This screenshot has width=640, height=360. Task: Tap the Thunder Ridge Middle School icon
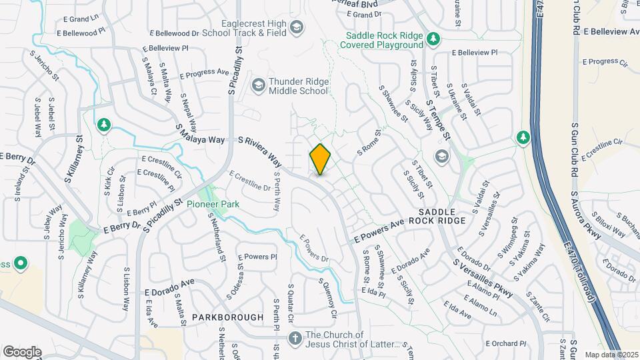(258, 85)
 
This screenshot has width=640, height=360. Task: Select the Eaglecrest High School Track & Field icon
(297, 27)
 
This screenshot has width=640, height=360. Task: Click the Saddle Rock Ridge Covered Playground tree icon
(433, 39)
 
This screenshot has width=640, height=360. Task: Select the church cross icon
(295, 339)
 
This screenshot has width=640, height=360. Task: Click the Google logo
(22, 351)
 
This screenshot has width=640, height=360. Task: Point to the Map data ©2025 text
(611, 355)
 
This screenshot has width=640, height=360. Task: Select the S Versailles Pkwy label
(483, 275)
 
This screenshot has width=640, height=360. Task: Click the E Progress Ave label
(204, 73)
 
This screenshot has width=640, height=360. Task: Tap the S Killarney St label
(74, 160)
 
